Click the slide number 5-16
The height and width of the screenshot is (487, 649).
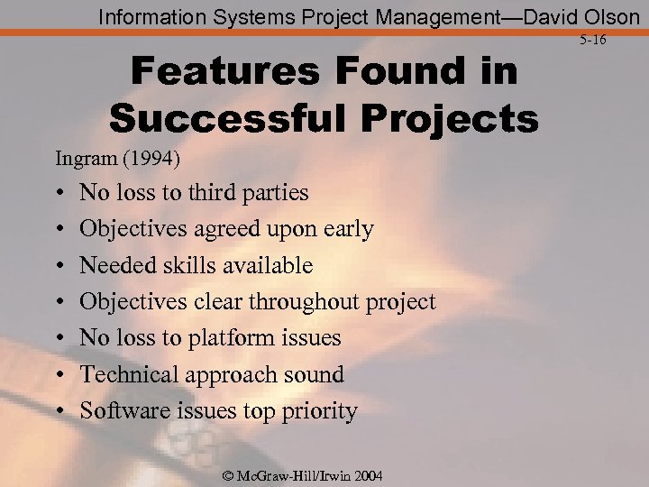coord(593,40)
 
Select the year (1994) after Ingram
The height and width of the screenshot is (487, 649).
coord(153,160)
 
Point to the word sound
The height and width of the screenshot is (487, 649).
coord(314,374)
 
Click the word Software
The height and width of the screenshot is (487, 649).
coord(121,410)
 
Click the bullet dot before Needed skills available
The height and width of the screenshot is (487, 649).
coord(59,266)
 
